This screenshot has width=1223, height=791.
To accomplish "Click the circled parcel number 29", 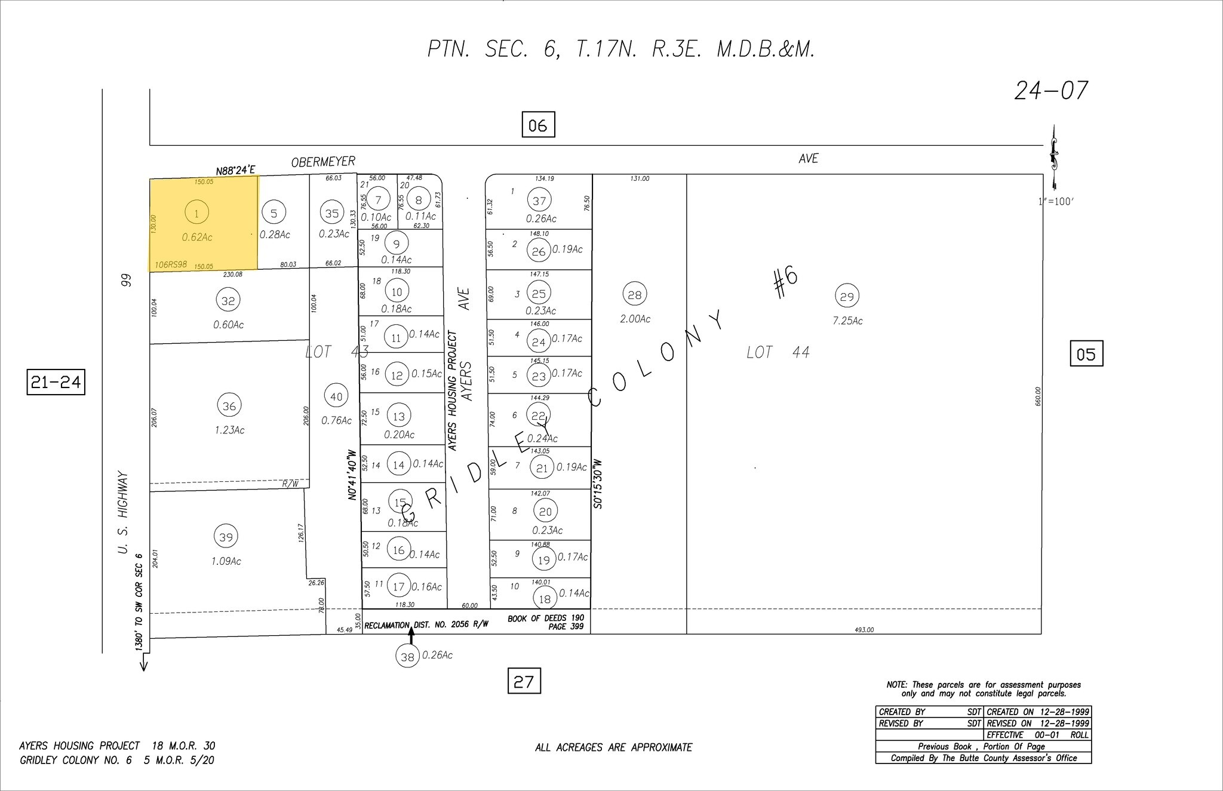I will pos(847,296).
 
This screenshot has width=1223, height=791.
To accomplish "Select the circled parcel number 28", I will pos(634,294).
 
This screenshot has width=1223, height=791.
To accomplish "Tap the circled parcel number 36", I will pos(229,406).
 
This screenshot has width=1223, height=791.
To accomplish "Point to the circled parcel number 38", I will pos(407,657).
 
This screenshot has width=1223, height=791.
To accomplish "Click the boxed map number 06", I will pos(537,125).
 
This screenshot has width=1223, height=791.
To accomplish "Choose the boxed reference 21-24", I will pos(56,382).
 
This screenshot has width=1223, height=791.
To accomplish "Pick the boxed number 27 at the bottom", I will pos(524,681).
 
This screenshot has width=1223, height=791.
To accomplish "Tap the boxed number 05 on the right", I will pos(1086,354).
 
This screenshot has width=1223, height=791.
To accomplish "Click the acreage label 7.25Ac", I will pos(847,321).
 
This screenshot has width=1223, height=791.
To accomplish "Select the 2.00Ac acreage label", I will pos(635,319).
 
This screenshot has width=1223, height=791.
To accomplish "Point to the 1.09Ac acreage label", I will pos(226,561).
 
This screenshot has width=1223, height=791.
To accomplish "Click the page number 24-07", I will pos(1050,91).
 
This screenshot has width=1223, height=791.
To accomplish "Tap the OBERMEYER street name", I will pos(323,162).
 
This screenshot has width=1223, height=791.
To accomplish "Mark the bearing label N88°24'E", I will pos(235,171).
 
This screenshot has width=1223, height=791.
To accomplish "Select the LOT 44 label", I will pos(778,353).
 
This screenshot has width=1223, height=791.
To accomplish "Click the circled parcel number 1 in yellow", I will pos(196,213).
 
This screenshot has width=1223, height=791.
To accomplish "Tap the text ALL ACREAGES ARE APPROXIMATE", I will pos(613,747).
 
